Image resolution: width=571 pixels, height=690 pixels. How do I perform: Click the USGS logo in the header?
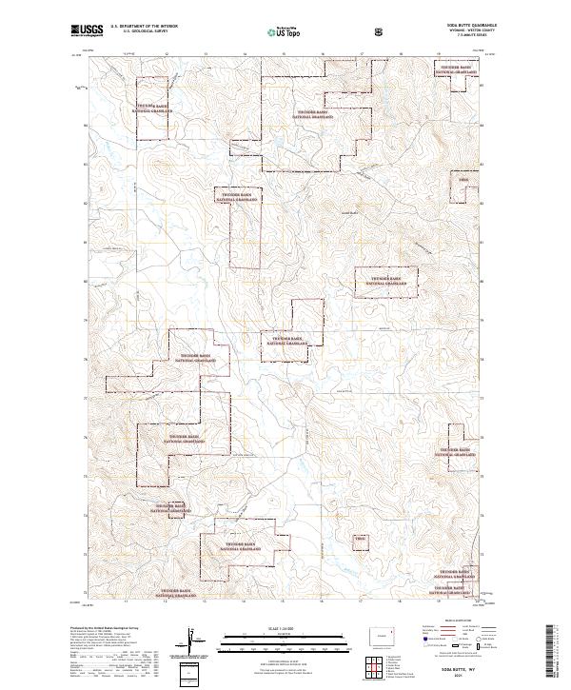[88, 30]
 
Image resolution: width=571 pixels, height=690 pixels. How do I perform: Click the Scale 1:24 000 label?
[285, 625]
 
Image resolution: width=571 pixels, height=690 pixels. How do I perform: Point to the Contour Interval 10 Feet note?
[285, 657]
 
